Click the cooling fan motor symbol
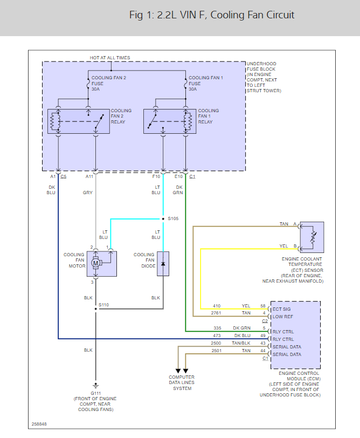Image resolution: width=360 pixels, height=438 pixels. pyautogui.click(x=96, y=263)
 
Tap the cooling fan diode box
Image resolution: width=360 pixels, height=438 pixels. pyautogui.click(x=163, y=263)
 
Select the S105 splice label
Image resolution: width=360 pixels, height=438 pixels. pyautogui.click(x=172, y=219)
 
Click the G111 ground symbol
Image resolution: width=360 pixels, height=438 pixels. pyautogui.click(x=96, y=385)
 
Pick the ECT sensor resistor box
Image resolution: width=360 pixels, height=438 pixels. pyautogui.click(x=311, y=237)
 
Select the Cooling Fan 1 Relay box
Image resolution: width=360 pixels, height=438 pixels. pyautogui.click(x=169, y=121)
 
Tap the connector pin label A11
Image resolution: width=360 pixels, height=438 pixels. pyautogui.click(x=89, y=176)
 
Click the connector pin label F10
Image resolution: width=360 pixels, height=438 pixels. pyautogui.click(x=156, y=176)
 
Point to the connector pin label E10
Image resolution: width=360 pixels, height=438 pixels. pyautogui.click(x=179, y=176)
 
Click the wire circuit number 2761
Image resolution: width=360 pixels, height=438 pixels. pyautogui.click(x=217, y=313)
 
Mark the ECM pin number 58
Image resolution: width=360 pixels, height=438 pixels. pyautogui.click(x=263, y=306)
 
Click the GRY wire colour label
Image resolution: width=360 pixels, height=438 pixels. pyautogui.click(x=87, y=192)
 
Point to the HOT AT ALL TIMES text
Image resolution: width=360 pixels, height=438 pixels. pyautogui.click(x=110, y=58)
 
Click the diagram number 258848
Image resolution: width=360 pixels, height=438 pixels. pyautogui.click(x=39, y=424)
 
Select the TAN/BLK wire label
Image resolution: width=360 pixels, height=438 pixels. pyautogui.click(x=242, y=343)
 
